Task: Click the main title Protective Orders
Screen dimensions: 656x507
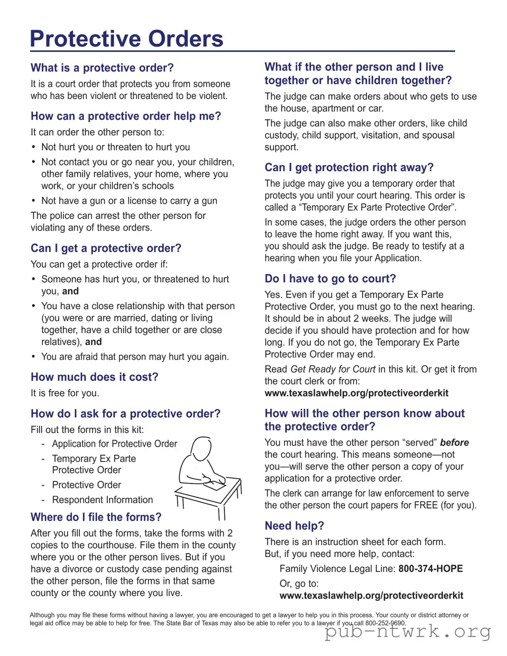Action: pyautogui.click(x=126, y=39)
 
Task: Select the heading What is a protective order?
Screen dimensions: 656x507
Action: pyautogui.click(x=102, y=68)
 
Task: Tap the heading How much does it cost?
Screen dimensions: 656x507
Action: pyautogui.click(x=94, y=377)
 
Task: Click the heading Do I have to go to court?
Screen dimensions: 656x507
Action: pyautogui.click(x=330, y=278)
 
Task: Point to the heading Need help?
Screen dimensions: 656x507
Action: pyautogui.click(x=294, y=526)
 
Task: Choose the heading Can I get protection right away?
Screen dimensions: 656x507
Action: pyautogui.click(x=349, y=167)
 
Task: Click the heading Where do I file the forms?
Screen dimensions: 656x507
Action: pyautogui.click(x=96, y=517)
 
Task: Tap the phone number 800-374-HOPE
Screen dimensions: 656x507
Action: pyautogui.click(x=430, y=569)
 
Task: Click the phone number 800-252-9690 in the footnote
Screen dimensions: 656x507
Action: pyautogui.click(x=385, y=623)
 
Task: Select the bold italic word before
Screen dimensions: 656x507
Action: pyautogui.click(x=454, y=442)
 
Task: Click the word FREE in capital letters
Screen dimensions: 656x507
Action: pyautogui.click(x=426, y=505)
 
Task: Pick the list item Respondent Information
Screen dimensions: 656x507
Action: pyautogui.click(x=102, y=500)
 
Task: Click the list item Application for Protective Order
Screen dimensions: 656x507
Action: pyautogui.click(x=114, y=444)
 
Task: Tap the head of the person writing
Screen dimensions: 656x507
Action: pyautogui.click(x=201, y=449)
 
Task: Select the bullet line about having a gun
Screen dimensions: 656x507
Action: pyautogui.click(x=129, y=201)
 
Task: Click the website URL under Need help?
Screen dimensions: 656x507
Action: pyautogui.click(x=371, y=596)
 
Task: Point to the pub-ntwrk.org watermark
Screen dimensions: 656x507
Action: pyautogui.click(x=408, y=632)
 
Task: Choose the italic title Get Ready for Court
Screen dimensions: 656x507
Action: pyautogui.click(x=333, y=369)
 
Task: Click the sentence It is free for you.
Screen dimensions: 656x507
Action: pyautogui.click(x=65, y=393)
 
